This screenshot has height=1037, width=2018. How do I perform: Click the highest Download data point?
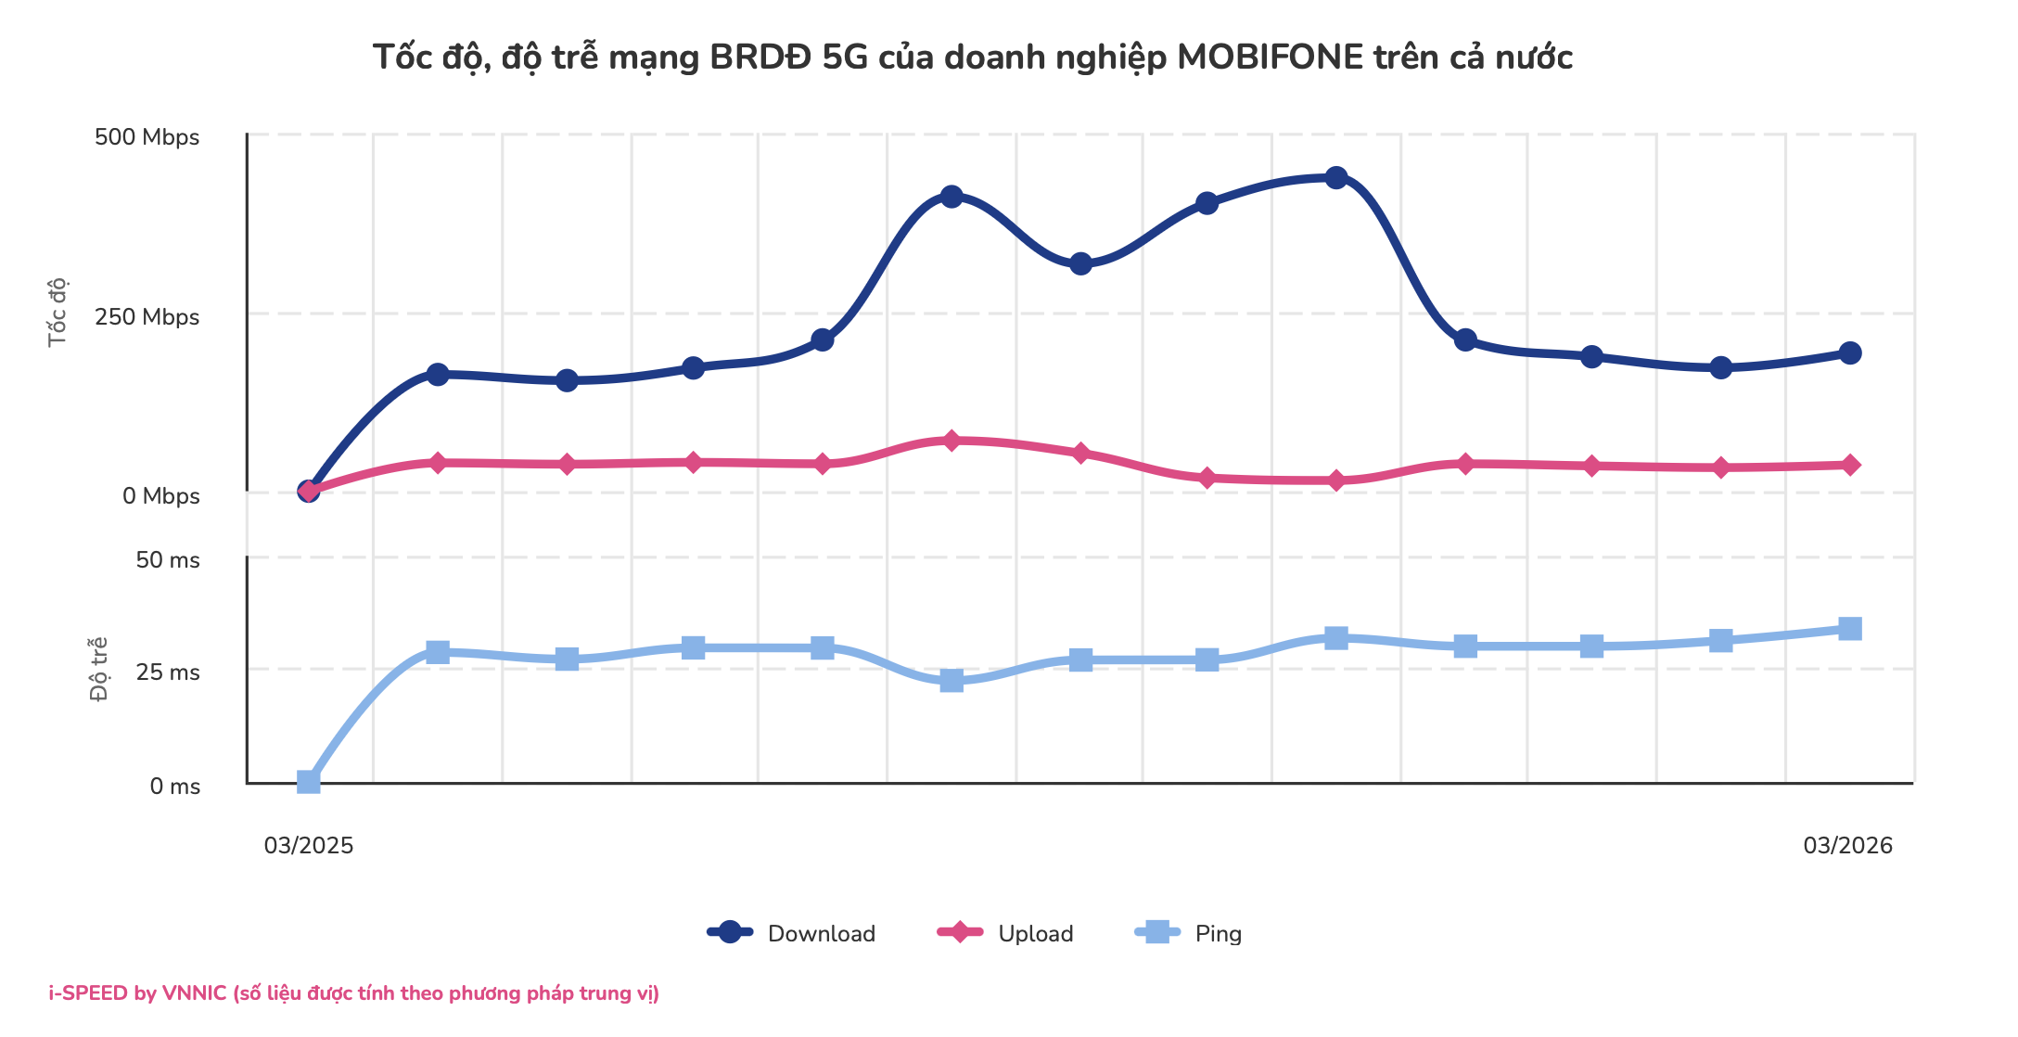[x=1335, y=177]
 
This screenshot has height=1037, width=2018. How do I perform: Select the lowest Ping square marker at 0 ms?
[x=308, y=782]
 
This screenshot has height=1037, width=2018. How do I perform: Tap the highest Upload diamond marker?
[x=951, y=441]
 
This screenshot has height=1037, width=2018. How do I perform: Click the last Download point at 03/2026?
[x=1849, y=352]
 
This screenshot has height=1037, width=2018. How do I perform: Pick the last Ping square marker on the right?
[x=1849, y=629]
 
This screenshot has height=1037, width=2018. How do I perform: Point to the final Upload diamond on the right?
[x=1849, y=465]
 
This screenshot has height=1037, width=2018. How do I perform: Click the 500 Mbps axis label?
[x=147, y=137]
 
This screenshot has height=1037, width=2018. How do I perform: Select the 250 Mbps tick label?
[x=147, y=317]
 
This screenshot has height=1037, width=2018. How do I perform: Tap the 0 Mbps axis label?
[x=160, y=496]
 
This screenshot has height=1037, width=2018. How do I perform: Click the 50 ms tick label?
[x=167, y=560]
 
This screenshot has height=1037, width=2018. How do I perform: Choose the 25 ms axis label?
[x=167, y=672]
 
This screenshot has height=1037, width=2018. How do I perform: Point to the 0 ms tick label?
[x=174, y=787]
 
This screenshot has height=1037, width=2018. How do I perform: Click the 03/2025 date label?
[x=309, y=845]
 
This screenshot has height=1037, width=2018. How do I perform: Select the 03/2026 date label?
[x=1847, y=845]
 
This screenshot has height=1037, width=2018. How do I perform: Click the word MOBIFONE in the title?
[x=1270, y=58]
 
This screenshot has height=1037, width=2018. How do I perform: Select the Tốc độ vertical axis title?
[x=57, y=312]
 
